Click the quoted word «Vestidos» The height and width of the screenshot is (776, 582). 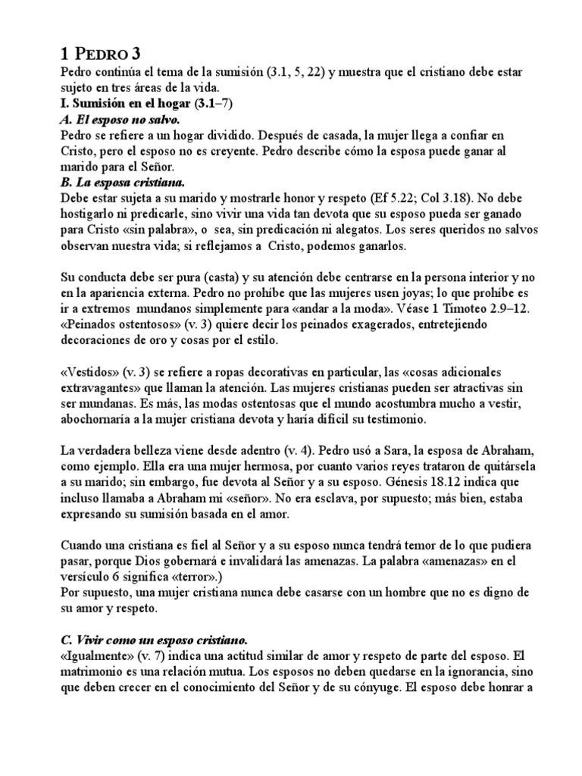pos(89,372)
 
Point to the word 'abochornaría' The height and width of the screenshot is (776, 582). pos(95,419)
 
